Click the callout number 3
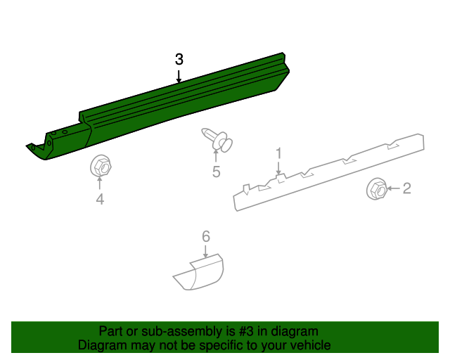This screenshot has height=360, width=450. [179, 59]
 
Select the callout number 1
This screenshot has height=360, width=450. [278, 153]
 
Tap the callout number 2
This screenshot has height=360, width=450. [406, 188]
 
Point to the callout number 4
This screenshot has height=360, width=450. [100, 200]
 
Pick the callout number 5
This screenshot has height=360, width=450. [217, 172]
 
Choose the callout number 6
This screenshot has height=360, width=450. [206, 236]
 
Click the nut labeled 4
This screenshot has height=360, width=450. [100, 167]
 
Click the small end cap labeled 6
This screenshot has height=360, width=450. [199, 273]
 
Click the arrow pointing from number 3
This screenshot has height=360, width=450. [179, 76]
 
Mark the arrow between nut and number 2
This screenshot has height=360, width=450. [392, 188]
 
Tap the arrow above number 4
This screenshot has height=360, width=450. [100, 185]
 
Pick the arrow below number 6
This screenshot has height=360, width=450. [206, 252]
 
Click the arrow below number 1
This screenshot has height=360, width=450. [278, 167]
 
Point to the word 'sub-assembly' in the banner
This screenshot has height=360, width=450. [158, 331]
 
